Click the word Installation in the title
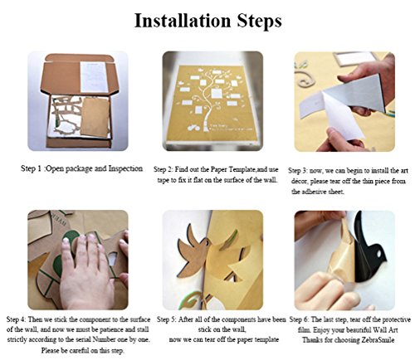183,21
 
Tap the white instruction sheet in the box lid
94,77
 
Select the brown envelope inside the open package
95,117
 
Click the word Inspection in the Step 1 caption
125,168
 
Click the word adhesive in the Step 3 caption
312,192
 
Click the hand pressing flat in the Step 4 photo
85,274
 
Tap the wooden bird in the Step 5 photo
194,251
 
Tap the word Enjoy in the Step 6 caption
322,330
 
